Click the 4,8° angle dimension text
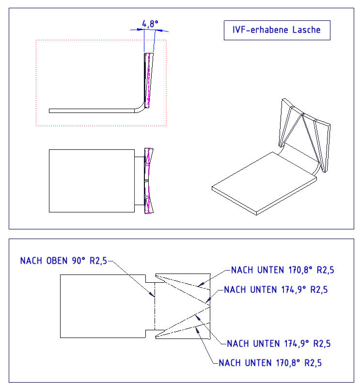150,24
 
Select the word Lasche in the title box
306,30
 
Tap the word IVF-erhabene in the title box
260,30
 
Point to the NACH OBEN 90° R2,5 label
63,260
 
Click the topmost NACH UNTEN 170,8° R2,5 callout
282,270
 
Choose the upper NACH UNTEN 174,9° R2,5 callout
276,290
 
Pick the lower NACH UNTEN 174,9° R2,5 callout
279,343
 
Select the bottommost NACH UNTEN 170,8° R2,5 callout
270,363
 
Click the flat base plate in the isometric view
264,183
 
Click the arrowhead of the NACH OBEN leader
151,294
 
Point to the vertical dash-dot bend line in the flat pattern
155,306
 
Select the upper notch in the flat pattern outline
150,279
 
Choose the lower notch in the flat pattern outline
150,334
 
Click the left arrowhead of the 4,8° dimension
140,30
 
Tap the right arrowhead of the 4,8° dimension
159,31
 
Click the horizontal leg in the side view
92,111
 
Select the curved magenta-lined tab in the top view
149,181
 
